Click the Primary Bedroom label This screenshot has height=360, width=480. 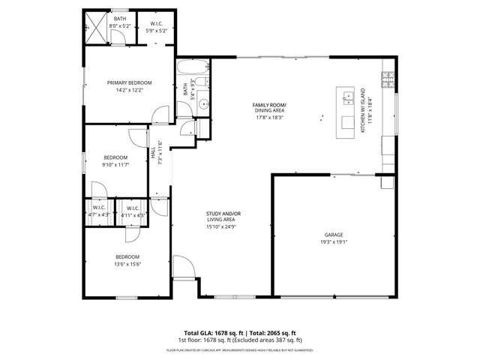130,82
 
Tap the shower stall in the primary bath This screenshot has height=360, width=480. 95,29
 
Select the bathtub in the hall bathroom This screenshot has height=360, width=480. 186,74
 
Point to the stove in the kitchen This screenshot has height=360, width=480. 388,78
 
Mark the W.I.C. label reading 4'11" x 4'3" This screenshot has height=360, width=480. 133,211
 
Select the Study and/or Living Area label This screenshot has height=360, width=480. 223,217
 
